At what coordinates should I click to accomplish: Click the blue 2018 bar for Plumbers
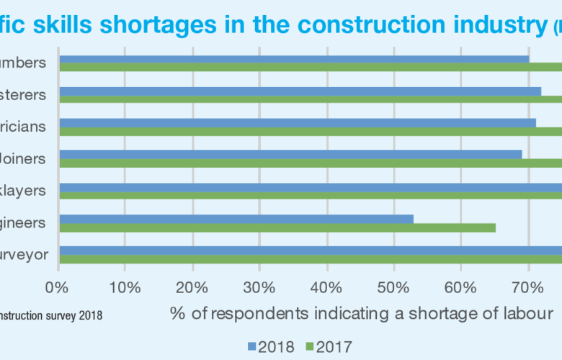click(x=294, y=59)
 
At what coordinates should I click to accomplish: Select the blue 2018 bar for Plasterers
click(x=300, y=91)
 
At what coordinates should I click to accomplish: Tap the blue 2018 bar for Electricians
click(x=297, y=123)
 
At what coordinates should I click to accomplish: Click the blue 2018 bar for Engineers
click(x=236, y=218)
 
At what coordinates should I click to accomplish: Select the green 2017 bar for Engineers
click(x=277, y=228)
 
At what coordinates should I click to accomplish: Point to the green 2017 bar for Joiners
click(x=310, y=163)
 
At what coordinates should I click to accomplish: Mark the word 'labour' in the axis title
click(x=530, y=314)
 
